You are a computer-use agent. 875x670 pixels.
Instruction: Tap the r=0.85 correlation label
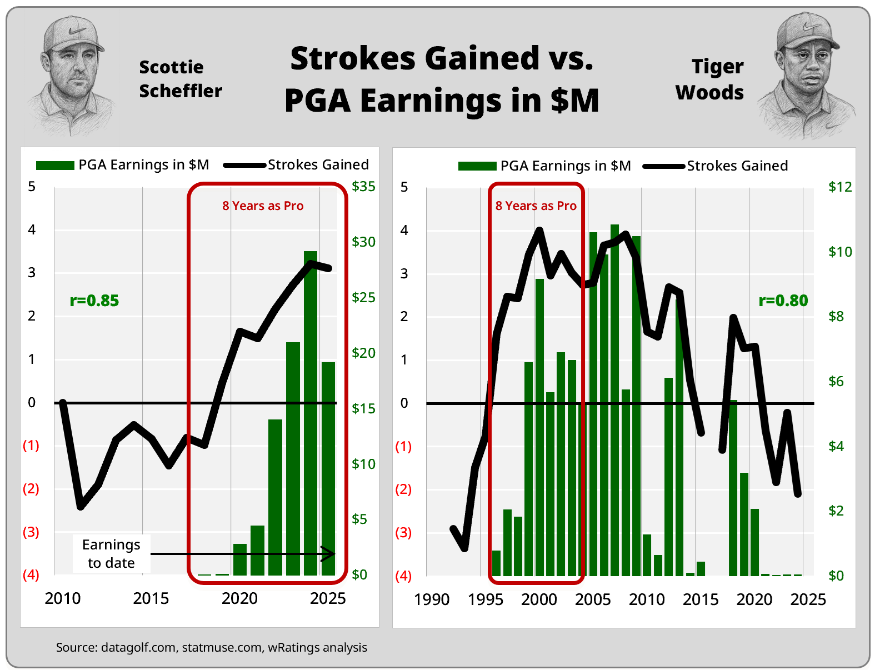pos(94,301)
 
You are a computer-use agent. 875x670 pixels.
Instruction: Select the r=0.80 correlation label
pos(783,301)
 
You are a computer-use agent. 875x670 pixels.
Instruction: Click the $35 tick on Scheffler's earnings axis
pos(363,187)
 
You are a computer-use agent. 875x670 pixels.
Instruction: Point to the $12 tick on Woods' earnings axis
pos(839,187)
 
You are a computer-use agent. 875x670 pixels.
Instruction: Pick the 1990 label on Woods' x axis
pos(432,599)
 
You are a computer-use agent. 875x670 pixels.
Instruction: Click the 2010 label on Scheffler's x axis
pos(63,598)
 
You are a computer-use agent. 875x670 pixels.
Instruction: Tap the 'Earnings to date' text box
pos(111,553)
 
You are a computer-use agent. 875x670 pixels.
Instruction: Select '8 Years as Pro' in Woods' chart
pos(536,206)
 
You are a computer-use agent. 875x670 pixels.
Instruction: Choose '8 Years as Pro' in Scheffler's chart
pos(263,206)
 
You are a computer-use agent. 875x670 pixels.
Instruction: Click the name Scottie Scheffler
pos(180,79)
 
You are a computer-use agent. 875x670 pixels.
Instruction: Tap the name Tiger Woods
pos(711,79)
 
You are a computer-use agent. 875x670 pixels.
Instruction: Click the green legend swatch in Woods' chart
pos(477,166)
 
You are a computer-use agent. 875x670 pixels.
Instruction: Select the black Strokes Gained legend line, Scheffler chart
pos(244,165)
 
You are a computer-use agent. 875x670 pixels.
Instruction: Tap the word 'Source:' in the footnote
pos(77,648)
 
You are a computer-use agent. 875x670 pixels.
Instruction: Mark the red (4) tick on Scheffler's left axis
pos(31,574)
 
